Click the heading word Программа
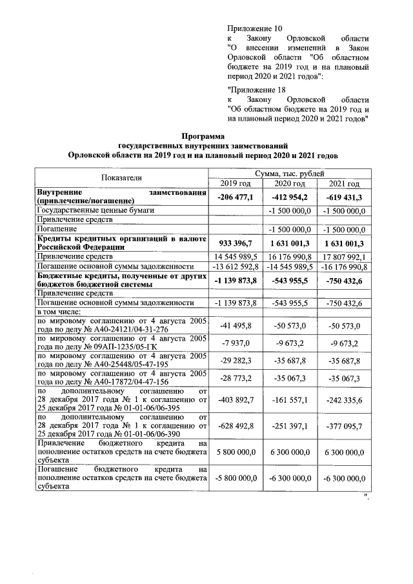click(203, 136)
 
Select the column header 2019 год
click(233, 185)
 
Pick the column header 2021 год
click(345, 185)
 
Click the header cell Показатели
click(121, 178)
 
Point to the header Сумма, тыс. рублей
click(289, 174)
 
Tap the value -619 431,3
click(345, 196)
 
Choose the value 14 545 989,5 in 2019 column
click(234, 257)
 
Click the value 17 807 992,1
click(345, 257)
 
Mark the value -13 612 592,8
click(233, 267)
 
